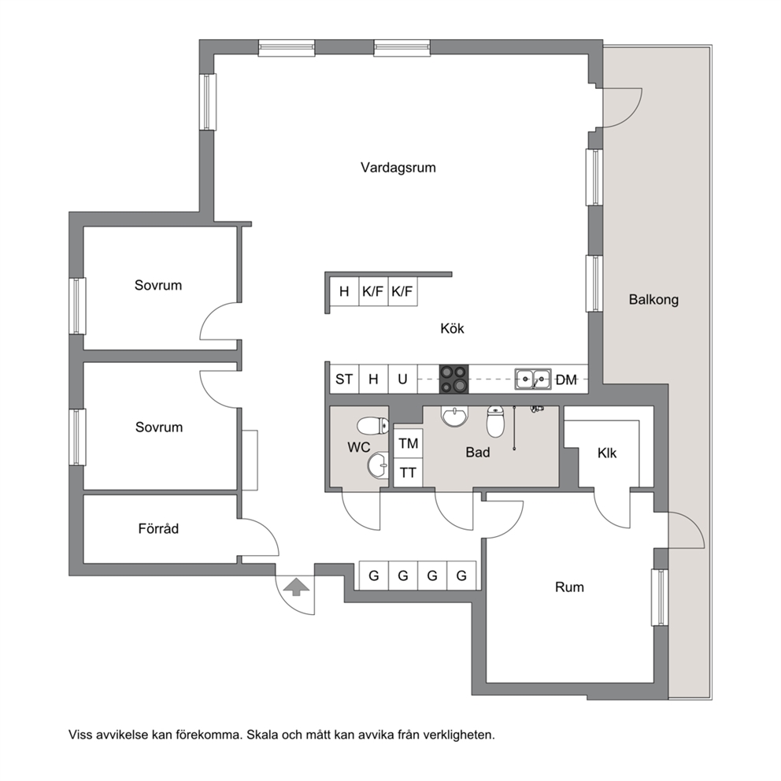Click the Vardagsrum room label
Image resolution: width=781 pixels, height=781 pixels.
398,168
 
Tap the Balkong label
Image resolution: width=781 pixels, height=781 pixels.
653,299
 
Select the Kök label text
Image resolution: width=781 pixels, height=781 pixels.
452,328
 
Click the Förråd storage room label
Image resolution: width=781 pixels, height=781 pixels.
158,528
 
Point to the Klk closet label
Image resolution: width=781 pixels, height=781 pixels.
607,453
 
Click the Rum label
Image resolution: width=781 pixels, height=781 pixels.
569,587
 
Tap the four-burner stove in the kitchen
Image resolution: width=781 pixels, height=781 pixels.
453,379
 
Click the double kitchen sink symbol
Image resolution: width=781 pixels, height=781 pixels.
533,379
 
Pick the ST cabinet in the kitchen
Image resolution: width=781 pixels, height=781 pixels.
344,379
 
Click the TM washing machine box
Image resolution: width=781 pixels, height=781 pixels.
409,443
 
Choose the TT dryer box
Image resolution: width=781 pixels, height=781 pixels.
409,472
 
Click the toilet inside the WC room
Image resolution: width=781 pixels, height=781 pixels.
372,426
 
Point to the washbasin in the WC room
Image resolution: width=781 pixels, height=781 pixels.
378,465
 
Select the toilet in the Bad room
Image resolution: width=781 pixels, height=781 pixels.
495,421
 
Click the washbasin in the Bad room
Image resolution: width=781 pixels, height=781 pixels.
455,416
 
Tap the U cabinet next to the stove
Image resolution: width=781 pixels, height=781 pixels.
402,379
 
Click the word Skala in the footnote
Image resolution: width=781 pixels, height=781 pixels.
264,735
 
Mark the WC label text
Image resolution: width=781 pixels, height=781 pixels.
359,447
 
